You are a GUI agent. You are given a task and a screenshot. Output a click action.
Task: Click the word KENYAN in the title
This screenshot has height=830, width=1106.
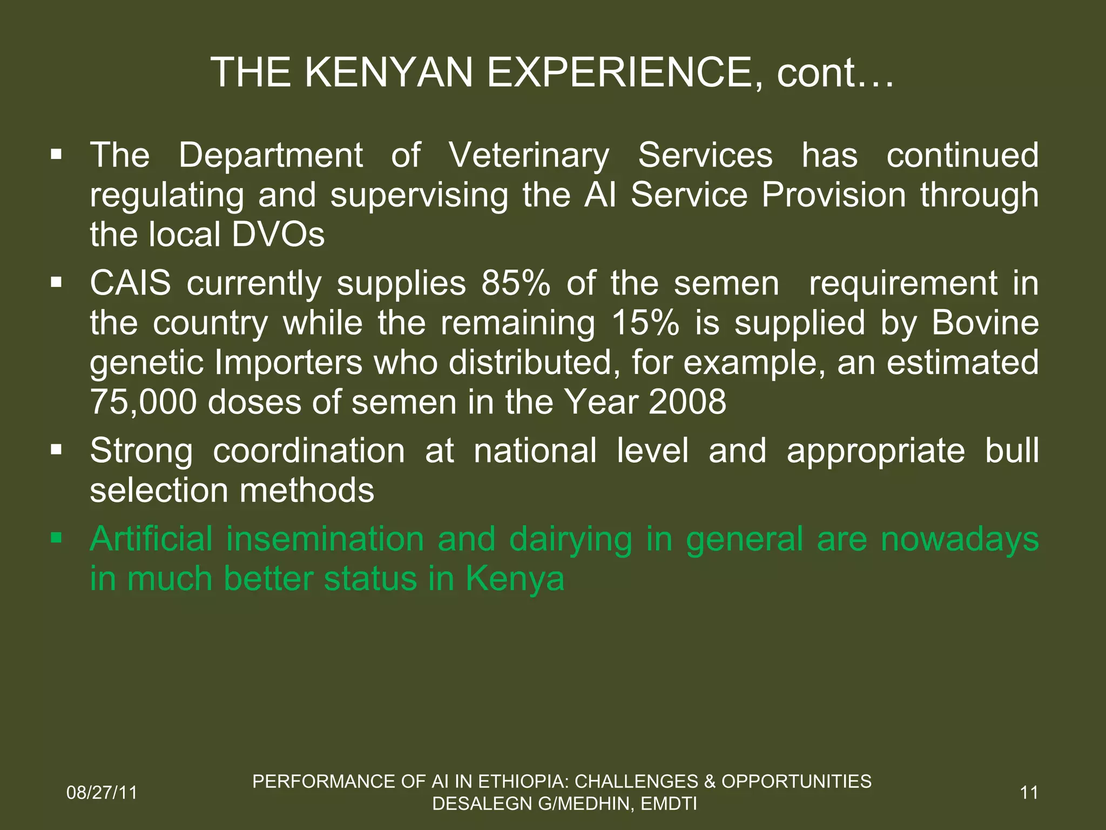coord(389,72)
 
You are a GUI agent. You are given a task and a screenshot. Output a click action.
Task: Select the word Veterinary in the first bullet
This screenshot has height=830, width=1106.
coord(529,156)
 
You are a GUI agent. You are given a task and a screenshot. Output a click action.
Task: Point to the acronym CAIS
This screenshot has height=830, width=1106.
coord(130,283)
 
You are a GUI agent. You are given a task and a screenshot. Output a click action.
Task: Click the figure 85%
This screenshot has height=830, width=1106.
coord(516,283)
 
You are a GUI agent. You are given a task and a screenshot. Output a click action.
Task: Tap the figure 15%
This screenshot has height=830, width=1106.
coord(645,323)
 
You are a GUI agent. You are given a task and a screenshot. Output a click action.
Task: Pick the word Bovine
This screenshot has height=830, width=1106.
coord(985,323)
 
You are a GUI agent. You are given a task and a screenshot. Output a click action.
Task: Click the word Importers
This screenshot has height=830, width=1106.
coord(288,363)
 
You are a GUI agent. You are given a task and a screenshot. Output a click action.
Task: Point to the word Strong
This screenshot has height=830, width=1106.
coord(141,451)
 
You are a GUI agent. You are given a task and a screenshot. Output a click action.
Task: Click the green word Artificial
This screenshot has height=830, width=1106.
coord(151,539)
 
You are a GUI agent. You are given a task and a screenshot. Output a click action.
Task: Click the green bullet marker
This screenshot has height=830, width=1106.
coord(56,538)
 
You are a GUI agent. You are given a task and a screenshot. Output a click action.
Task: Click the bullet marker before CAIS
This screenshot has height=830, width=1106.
coord(56,282)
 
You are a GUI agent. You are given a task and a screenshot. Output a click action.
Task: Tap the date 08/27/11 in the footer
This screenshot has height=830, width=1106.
coord(102,793)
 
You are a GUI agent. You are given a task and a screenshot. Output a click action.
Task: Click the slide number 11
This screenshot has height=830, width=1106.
coord(1029,793)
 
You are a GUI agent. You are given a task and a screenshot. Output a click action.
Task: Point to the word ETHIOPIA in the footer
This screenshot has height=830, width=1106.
coord(523,781)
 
